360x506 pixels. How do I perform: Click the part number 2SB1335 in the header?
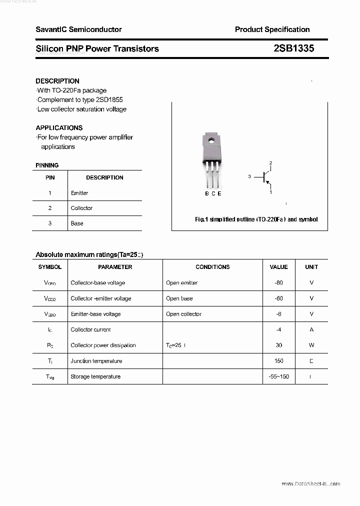(293, 48)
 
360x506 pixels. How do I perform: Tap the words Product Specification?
(272, 29)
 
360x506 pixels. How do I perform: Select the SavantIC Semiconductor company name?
(78, 29)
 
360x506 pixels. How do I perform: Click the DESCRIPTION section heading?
(57, 81)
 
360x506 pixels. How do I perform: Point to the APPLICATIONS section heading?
(59, 127)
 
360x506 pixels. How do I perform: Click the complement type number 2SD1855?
(107, 99)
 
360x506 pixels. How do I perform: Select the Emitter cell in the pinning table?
(79, 193)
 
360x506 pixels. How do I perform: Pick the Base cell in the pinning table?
(77, 223)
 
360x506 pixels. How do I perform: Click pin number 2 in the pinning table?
(50, 208)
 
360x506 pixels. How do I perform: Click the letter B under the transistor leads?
(206, 193)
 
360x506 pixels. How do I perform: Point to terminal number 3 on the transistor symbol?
(249, 176)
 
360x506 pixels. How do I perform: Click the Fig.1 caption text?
(256, 219)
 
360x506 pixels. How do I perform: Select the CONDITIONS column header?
(212, 267)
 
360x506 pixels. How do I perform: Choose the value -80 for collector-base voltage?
(278, 283)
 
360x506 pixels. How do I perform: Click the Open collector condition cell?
(183, 314)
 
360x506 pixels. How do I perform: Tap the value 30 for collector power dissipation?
(278, 345)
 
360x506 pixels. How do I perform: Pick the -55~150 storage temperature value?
(278, 376)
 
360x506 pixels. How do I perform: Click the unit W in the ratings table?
(311, 345)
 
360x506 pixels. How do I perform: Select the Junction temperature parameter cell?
(96, 361)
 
